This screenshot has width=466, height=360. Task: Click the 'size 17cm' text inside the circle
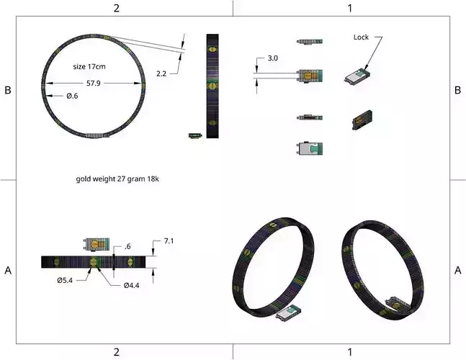(90, 66)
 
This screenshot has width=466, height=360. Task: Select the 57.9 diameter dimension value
(94, 84)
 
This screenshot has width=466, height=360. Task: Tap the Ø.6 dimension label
(72, 96)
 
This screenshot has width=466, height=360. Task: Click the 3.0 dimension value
(272, 58)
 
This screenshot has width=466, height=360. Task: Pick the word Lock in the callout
(362, 36)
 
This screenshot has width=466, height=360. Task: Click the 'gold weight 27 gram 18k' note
(117, 179)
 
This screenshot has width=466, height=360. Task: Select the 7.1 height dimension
(169, 240)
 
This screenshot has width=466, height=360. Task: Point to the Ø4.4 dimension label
(130, 285)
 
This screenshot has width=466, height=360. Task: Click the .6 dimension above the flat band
(127, 247)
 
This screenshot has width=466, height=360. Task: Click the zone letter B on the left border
(8, 91)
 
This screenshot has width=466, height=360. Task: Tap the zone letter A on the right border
(458, 270)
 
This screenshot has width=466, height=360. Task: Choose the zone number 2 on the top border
(117, 8)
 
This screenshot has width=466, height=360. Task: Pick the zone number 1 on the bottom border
(350, 352)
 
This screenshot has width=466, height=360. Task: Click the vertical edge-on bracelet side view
(212, 85)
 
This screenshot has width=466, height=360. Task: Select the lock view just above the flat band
(95, 246)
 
